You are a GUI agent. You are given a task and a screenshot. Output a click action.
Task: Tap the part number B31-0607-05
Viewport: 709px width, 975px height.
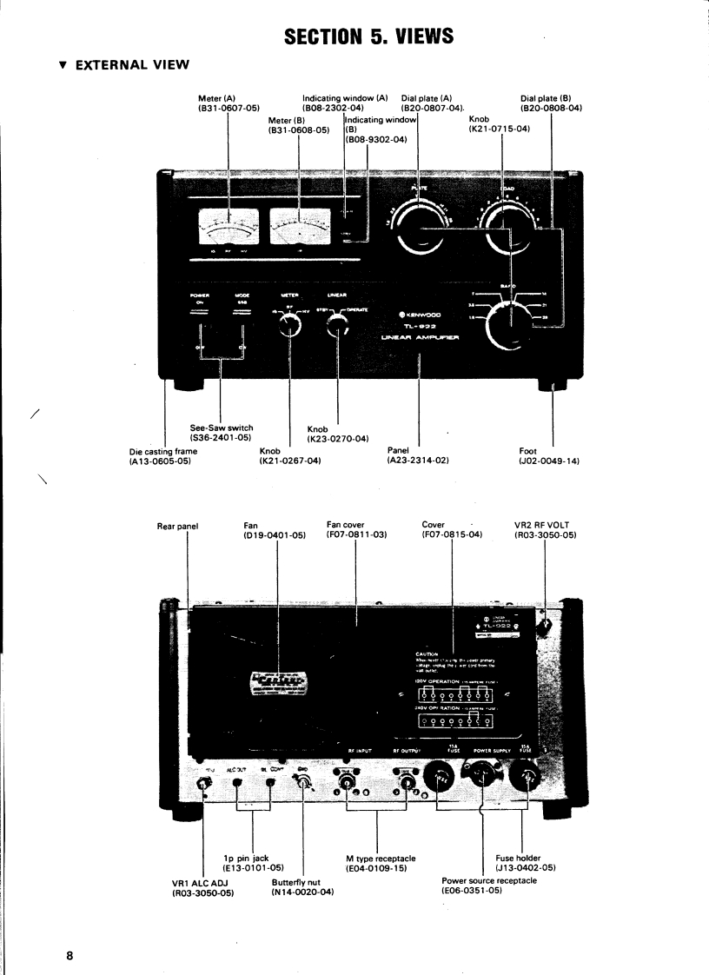[229, 108]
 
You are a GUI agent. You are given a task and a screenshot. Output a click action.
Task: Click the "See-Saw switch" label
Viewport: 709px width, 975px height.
[222, 427]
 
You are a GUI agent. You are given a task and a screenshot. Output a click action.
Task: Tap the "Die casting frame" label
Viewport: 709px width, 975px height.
[155, 450]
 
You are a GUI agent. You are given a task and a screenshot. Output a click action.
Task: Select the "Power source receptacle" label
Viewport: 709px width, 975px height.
[489, 880]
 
